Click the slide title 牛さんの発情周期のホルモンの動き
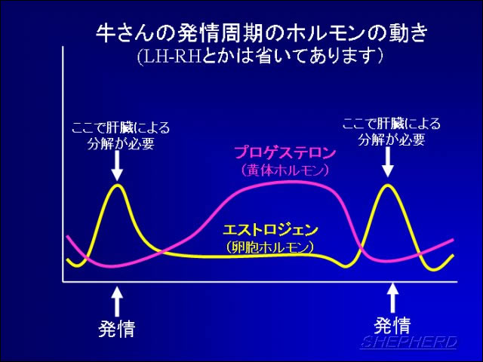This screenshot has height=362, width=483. (262, 33)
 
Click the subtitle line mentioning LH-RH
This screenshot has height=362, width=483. (260, 56)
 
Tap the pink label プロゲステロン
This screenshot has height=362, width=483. (285, 152)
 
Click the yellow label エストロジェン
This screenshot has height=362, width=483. (270, 230)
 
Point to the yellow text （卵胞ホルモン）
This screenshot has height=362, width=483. (270, 247)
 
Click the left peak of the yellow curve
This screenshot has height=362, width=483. (118, 186)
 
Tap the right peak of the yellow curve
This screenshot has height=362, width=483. (387, 186)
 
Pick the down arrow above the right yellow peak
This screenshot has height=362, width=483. (387, 162)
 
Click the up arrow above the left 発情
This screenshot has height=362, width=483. (117, 302)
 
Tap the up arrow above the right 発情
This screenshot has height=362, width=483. (392, 298)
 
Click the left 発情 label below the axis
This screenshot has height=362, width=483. (117, 329)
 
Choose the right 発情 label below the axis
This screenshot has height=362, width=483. (392, 325)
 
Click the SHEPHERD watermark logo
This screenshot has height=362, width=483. (409, 342)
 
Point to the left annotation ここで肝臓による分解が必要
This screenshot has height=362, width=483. (121, 136)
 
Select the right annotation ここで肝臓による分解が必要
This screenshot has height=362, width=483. (392, 131)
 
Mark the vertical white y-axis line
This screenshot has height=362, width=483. (63, 164)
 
